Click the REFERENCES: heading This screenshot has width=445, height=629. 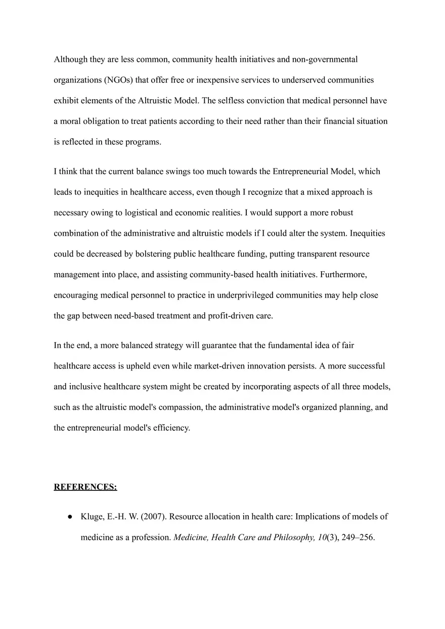(x=85, y=487)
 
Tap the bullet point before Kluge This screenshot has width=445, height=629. (x=68, y=517)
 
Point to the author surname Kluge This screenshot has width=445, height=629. (x=92, y=517)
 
